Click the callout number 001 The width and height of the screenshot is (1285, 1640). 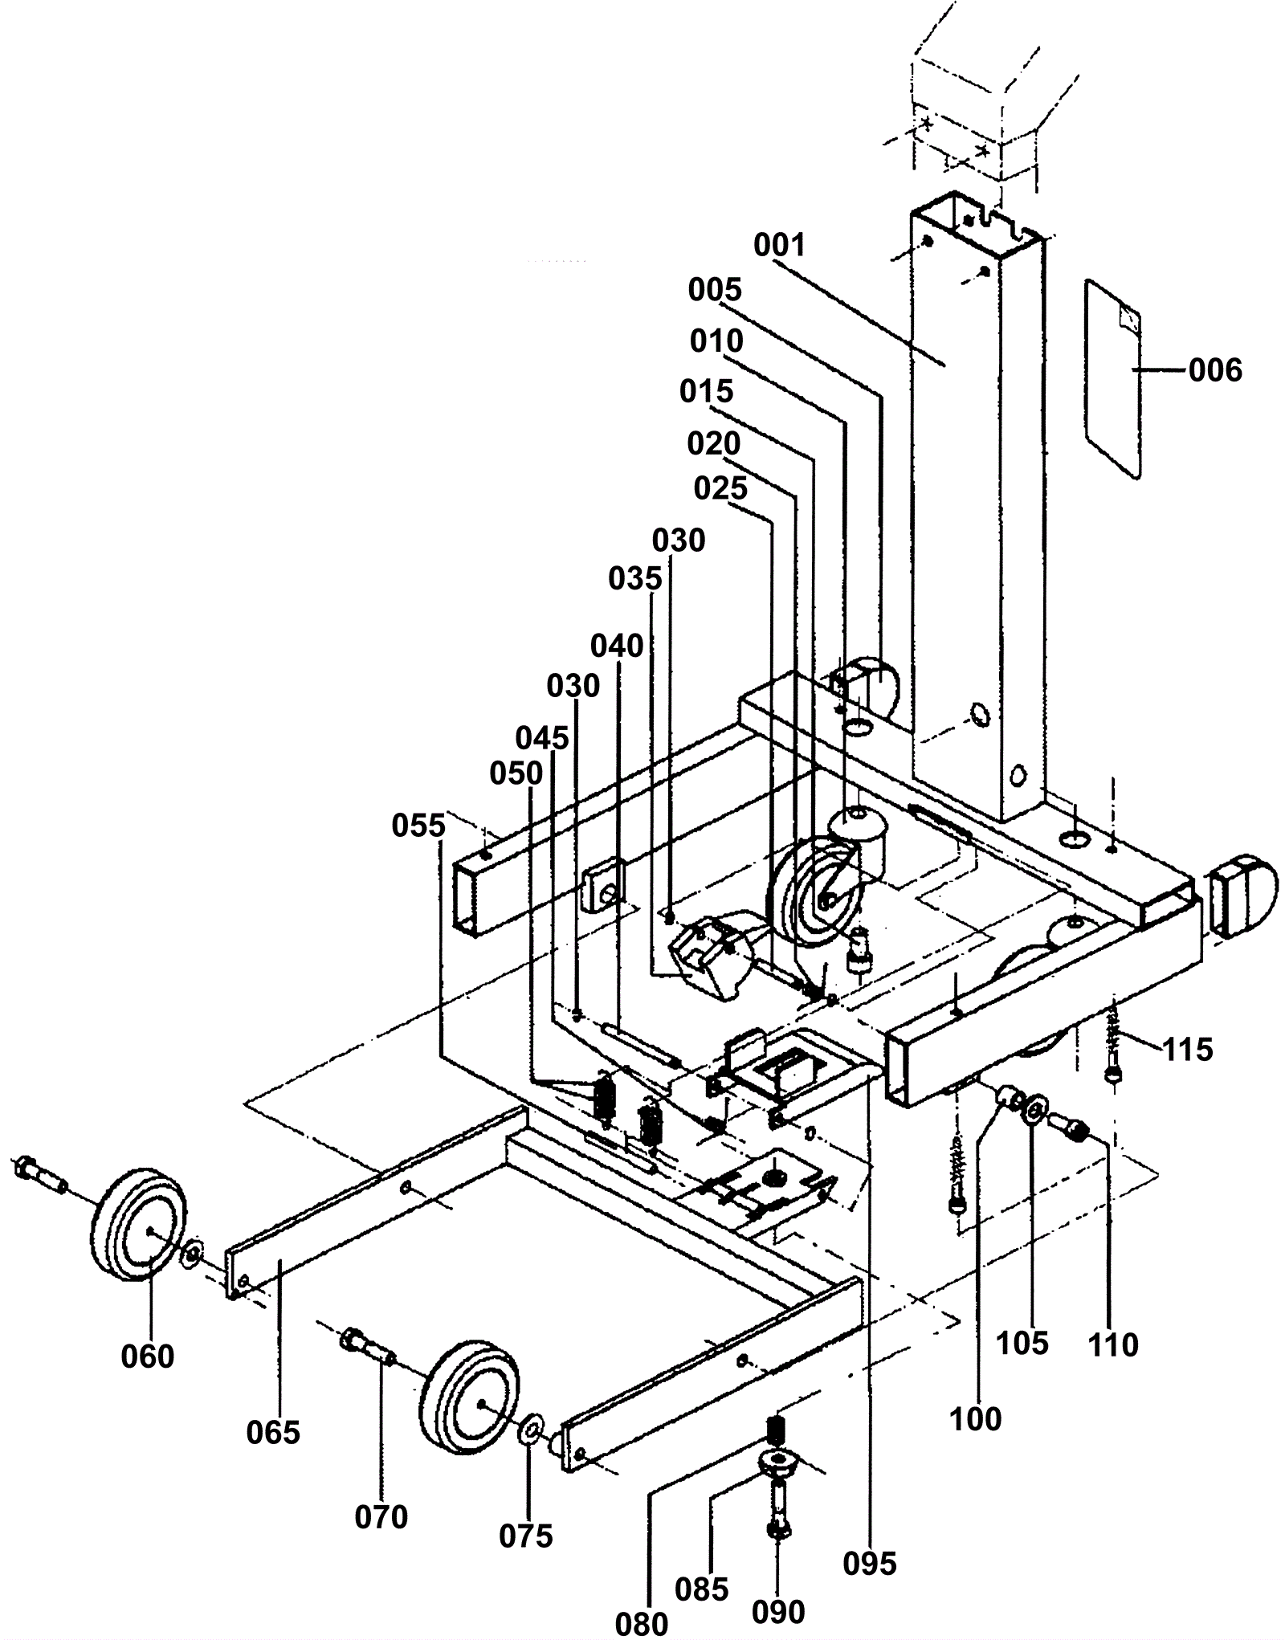point(779,245)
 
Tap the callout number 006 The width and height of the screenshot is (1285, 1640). point(1215,371)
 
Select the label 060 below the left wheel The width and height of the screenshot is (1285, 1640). point(148,1356)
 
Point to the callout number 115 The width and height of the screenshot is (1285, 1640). point(1188,1049)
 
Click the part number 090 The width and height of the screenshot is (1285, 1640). point(778,1612)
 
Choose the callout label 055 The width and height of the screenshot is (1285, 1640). point(418,825)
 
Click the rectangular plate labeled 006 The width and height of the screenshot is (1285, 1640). point(1113,378)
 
